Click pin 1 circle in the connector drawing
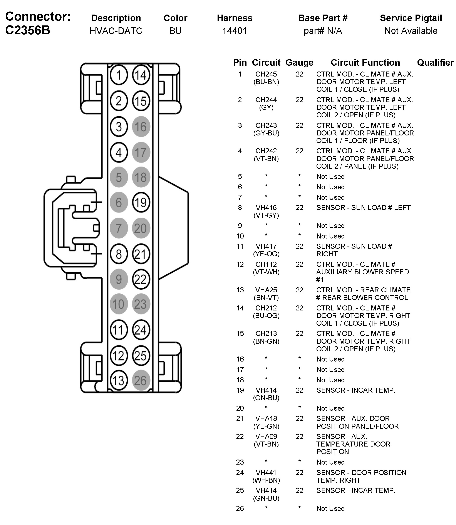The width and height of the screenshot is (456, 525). coord(119,75)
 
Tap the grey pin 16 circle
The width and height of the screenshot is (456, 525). coord(141,127)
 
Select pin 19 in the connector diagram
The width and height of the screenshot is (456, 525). coord(141,202)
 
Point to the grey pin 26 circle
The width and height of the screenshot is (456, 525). coord(141,381)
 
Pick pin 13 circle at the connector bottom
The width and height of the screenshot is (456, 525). coord(119,381)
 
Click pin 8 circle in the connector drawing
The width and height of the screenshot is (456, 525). coord(119,254)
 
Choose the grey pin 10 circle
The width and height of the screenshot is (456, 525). coord(119,304)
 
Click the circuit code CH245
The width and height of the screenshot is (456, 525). coord(266,74)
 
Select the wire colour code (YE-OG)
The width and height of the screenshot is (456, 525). coord(266,254)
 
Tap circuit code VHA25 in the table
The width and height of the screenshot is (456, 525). coord(266,290)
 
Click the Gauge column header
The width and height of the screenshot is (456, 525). coord(299,63)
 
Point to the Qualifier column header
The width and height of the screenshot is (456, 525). coord(435,63)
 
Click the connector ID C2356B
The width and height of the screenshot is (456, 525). coord(27,30)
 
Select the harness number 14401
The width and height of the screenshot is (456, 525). coord(234,31)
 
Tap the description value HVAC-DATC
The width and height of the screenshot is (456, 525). coord(116,31)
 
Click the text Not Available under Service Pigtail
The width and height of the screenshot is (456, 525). coord(411,31)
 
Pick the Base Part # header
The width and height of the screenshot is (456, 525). coord(323,18)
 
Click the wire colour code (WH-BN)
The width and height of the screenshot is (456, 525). coord(266,480)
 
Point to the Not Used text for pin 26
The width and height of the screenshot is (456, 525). coord(330,508)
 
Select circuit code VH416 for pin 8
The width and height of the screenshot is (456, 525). coord(266,207)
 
